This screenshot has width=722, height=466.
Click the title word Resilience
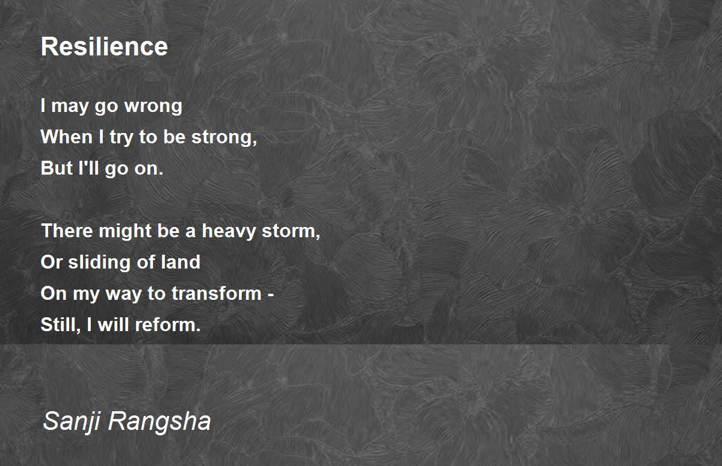[104, 46]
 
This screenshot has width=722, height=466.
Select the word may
[70, 106]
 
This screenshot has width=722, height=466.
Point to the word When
[67, 137]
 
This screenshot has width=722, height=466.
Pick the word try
[121, 137]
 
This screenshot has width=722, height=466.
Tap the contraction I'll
[88, 168]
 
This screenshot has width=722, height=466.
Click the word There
[67, 231]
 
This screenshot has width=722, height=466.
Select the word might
[125, 231]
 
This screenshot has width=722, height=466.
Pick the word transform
[216, 293]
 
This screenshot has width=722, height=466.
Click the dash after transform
[271, 294]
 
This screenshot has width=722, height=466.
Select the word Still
[60, 325]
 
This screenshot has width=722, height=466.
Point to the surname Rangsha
[159, 420]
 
